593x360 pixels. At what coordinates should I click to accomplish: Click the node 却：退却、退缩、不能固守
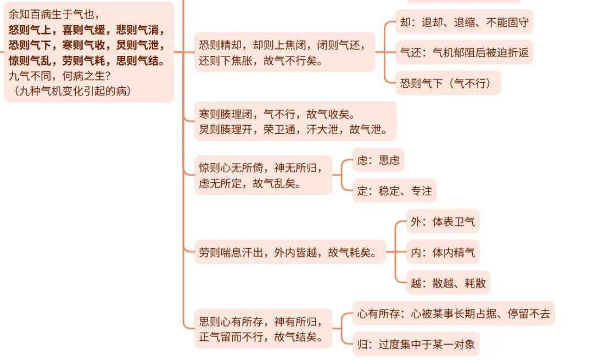click(x=464, y=22)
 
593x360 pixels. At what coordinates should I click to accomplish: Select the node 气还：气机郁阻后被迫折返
click(x=464, y=53)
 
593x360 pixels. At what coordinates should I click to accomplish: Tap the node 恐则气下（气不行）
click(x=448, y=83)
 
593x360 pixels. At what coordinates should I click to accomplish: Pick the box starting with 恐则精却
click(x=284, y=52)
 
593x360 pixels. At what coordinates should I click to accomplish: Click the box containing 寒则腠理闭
click(x=295, y=121)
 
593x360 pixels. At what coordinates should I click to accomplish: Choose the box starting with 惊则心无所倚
click(x=263, y=174)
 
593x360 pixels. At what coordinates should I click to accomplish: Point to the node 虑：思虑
click(x=378, y=161)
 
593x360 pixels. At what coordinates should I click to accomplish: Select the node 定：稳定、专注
click(x=394, y=190)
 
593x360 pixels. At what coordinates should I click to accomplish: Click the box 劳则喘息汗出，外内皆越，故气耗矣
click(x=289, y=252)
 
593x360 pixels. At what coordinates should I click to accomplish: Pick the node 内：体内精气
click(x=443, y=252)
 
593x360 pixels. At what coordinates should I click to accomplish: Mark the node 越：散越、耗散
click(x=448, y=283)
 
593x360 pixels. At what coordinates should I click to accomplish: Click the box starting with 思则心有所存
click(x=263, y=328)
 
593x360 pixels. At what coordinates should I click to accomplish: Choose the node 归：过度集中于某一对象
click(x=416, y=345)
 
